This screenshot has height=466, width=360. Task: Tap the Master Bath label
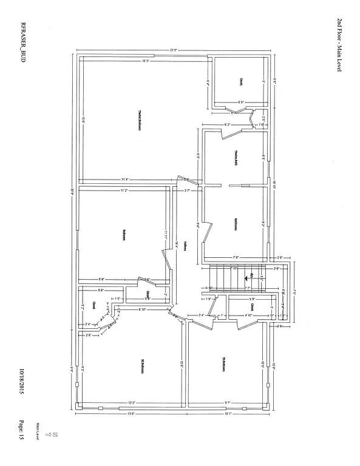[234, 155]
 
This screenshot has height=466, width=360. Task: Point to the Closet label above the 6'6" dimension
[241, 81]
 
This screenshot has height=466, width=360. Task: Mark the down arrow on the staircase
[251, 277]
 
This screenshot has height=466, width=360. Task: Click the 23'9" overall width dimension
[173, 50]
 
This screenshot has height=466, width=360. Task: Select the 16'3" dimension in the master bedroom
[146, 60]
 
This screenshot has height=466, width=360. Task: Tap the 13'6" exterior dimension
[131, 415]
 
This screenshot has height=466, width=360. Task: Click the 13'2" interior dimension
[131, 403]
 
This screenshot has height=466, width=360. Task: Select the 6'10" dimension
[143, 309]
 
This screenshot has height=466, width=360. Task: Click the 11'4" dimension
[125, 179]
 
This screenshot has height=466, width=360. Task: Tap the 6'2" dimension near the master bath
[227, 124]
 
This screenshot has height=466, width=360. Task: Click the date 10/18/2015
[21, 382]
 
